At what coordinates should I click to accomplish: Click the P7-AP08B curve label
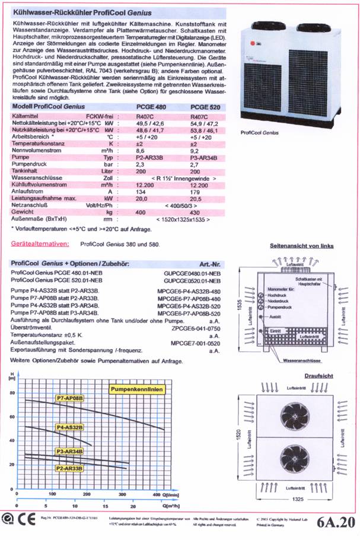(69, 398)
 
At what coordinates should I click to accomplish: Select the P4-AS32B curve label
(69, 427)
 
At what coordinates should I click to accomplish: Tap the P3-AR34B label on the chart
(69, 451)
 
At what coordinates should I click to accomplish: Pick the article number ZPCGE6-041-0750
(197, 327)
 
